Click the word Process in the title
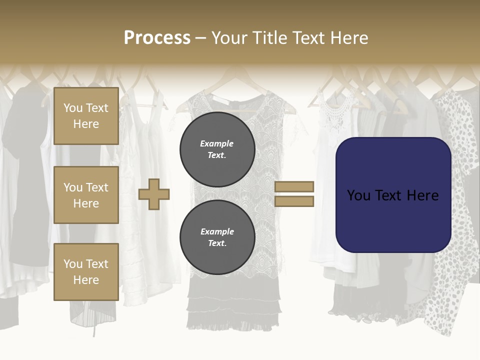[157, 38]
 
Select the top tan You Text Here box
[86, 116]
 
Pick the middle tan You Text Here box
[86, 195]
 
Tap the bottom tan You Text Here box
[86, 271]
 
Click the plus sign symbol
[154, 193]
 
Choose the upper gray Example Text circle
[217, 149]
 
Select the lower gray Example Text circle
[217, 237]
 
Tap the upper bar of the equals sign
[294, 186]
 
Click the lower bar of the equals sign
[294, 201]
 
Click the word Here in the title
[350, 38]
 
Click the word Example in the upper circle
[216, 143]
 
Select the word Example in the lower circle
[217, 231]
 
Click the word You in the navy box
[358, 195]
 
